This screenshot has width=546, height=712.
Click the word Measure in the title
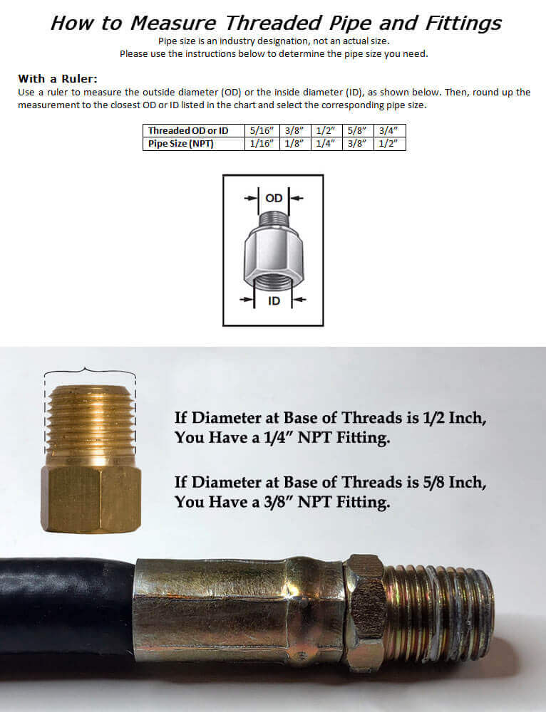tap(173, 23)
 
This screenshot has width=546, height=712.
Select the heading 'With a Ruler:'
tap(58, 78)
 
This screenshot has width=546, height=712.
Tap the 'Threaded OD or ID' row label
tap(188, 131)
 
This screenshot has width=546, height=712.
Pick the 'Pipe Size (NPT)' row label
tap(180, 144)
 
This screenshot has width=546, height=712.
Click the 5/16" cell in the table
tap(262, 131)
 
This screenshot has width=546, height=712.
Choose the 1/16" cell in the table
tap(262, 144)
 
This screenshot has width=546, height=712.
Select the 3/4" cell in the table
tap(388, 131)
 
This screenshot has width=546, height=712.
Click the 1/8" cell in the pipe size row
tap(294, 144)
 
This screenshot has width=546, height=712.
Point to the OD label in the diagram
tap(274, 198)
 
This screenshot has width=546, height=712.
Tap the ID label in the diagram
tap(274, 300)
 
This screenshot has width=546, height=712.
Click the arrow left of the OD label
tap(250, 198)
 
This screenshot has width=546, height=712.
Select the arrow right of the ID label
tap(299, 299)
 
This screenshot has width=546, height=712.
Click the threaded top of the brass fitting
tap(91, 425)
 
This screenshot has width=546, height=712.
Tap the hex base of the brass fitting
tap(91, 498)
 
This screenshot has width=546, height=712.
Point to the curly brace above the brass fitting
tap(90, 372)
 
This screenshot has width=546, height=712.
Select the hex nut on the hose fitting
tap(365, 612)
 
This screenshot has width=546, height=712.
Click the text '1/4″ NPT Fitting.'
tap(327, 438)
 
